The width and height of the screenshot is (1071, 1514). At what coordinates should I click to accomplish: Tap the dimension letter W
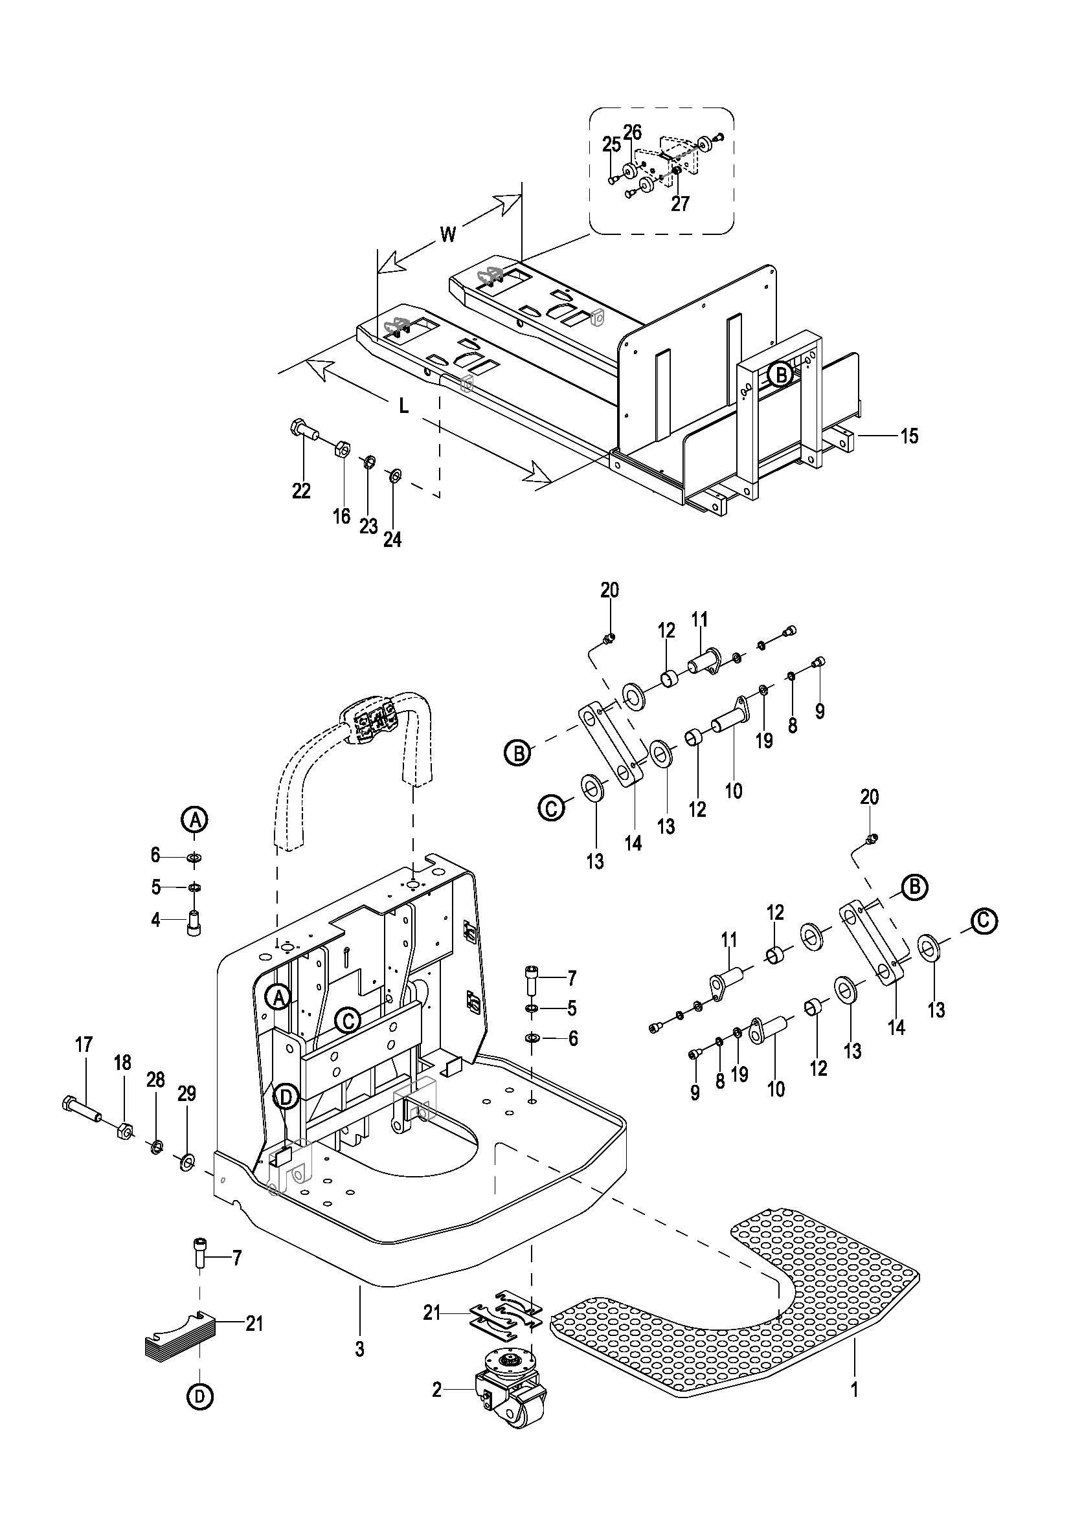click(448, 234)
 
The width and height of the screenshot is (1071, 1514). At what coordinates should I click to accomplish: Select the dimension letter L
click(404, 406)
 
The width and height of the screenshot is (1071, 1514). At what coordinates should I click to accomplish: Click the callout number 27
click(680, 203)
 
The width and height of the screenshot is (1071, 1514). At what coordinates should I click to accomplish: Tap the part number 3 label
click(359, 1349)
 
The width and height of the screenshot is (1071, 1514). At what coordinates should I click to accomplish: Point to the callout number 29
click(187, 1094)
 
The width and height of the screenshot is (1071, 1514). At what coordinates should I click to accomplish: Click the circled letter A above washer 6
click(195, 819)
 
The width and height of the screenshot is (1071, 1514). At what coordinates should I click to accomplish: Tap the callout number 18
click(122, 1062)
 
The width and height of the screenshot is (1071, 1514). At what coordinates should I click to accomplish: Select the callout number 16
click(341, 516)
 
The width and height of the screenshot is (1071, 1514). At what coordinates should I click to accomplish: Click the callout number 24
click(392, 539)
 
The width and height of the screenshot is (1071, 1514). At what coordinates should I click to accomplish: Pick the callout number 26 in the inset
click(633, 132)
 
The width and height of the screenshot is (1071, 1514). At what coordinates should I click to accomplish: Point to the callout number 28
click(155, 1079)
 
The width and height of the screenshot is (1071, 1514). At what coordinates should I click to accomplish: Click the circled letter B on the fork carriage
click(781, 375)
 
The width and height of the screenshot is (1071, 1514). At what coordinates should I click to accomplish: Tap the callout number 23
click(368, 526)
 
